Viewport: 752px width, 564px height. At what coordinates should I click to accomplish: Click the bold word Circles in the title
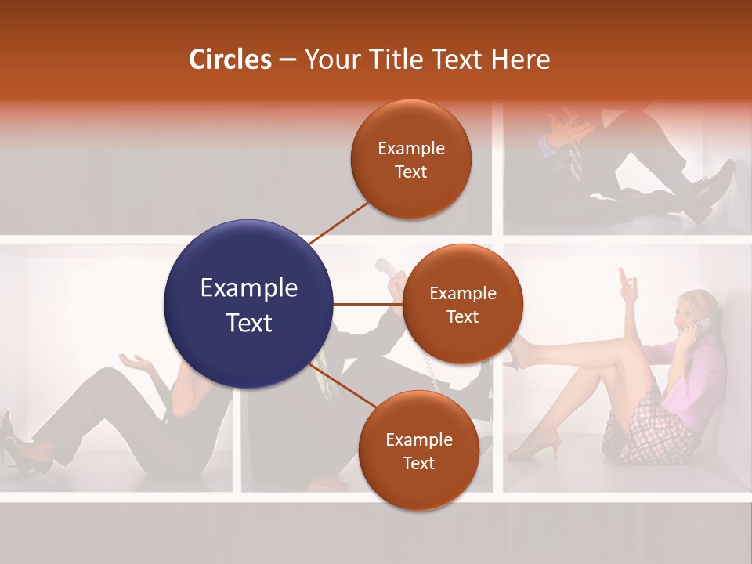[x=230, y=60]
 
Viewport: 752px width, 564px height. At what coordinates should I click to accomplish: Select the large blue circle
[x=248, y=304]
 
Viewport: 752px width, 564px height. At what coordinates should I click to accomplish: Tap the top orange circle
[x=411, y=159]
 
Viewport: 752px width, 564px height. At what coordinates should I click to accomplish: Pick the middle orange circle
[x=462, y=304]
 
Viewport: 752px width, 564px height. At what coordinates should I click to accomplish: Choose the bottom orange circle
[x=418, y=450]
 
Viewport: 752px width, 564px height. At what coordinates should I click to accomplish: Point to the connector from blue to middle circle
[x=367, y=304]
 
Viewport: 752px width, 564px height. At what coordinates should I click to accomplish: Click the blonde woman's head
[x=692, y=308]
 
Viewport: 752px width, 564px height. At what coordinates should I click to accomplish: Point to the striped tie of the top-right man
[x=576, y=157]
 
